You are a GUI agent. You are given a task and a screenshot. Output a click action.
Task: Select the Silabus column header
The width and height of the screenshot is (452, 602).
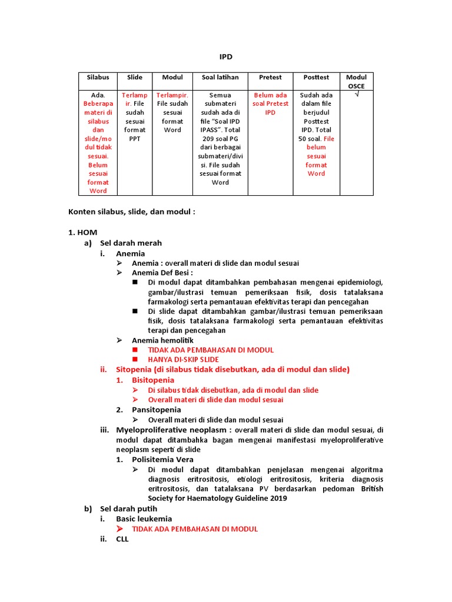click(98, 78)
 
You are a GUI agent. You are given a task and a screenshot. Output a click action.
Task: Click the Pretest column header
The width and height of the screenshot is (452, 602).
click(270, 78)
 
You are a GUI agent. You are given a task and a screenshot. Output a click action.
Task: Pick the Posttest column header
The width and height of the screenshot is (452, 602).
click(316, 78)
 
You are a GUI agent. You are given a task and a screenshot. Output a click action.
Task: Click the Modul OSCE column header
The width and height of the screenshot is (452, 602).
click(356, 82)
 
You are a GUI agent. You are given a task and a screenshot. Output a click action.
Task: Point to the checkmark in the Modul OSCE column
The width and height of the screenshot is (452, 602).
click(356, 95)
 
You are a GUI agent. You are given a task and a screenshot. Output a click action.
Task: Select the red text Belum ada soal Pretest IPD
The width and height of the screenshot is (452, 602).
click(270, 103)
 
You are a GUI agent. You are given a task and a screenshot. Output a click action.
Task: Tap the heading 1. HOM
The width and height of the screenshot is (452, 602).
click(83, 233)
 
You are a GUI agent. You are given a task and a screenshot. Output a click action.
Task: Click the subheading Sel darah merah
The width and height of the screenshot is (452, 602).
click(131, 243)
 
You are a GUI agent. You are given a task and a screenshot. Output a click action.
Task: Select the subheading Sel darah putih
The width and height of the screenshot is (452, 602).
click(129, 509)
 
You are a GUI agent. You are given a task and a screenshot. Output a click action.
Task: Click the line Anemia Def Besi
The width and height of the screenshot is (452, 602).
click(162, 273)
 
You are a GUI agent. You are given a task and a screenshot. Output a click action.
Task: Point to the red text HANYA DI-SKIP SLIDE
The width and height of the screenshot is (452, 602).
click(183, 359)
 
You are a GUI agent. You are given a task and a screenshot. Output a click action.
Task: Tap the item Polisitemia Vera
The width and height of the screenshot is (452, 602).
click(162, 459)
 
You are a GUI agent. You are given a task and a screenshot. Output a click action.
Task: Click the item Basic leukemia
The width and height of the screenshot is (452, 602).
click(144, 519)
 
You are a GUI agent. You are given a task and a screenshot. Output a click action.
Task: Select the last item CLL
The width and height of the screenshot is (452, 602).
click(123, 539)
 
